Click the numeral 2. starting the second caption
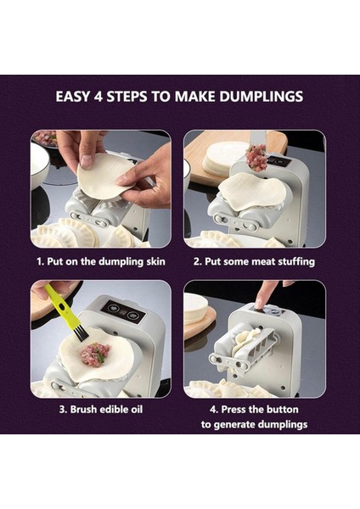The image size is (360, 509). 195,261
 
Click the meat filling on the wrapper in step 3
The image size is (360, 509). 95,355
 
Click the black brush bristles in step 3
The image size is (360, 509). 78,332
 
